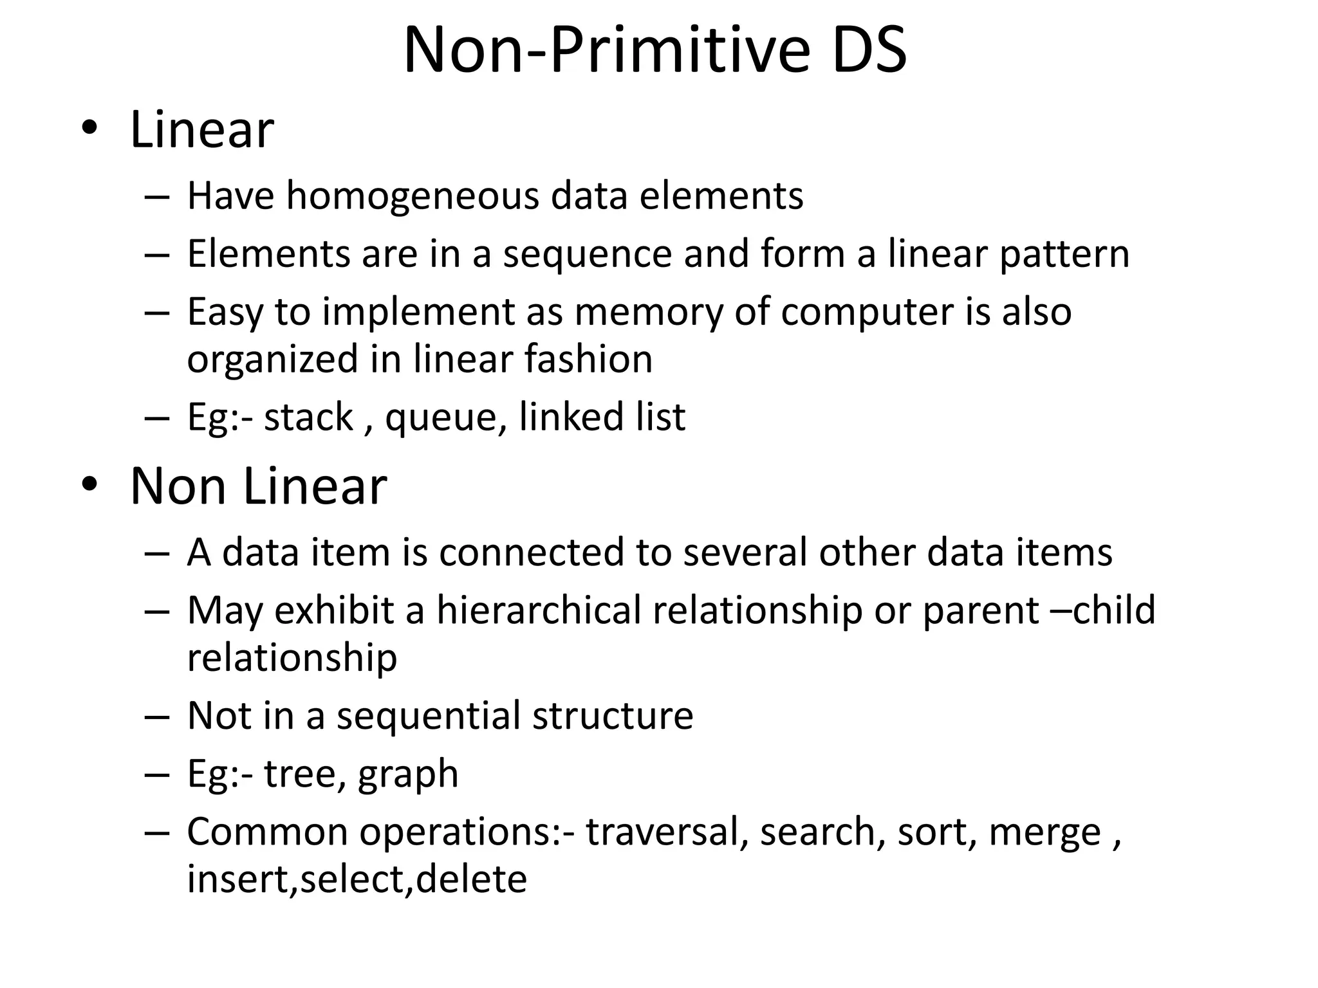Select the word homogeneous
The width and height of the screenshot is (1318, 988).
coord(413,196)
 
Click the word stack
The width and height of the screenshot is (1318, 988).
coord(308,417)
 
